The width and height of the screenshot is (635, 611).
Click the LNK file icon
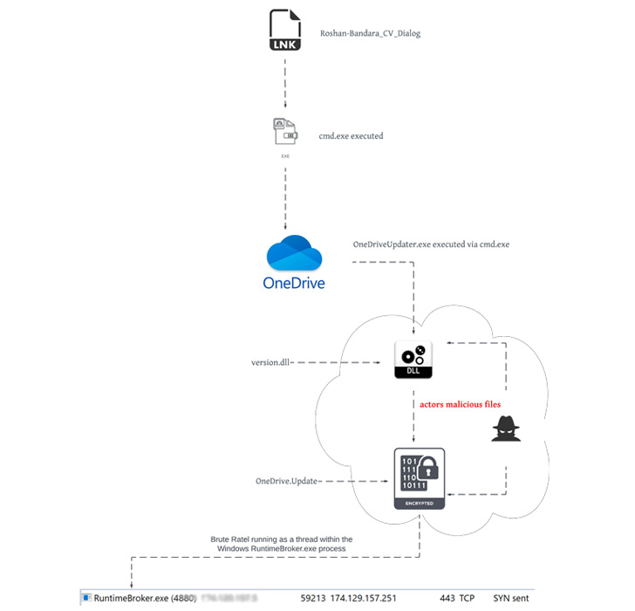tap(285, 30)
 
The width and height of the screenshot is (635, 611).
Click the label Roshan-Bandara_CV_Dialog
tap(372, 34)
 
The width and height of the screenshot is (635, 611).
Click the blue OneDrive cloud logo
tap(294, 254)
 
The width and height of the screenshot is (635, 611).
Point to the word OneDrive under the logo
tap(294, 283)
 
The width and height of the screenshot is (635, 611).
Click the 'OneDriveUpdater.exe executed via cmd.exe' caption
tap(430, 244)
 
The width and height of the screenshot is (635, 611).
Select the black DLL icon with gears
tap(414, 359)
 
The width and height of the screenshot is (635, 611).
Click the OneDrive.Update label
tap(287, 481)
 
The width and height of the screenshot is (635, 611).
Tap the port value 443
tap(449, 599)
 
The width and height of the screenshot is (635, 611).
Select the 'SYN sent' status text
tap(511, 599)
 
